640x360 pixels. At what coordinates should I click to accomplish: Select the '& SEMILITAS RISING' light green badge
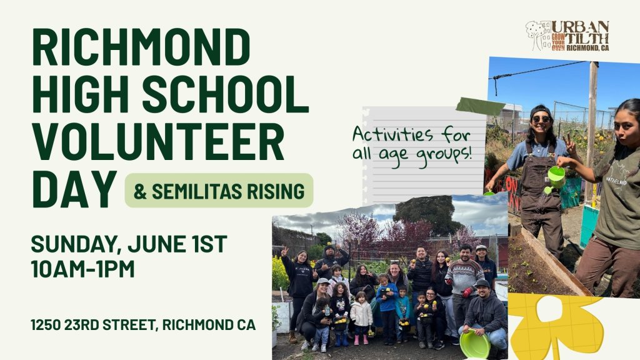coord(219,191)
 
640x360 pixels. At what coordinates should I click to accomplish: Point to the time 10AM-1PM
coord(82,269)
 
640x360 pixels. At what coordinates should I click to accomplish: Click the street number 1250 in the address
coord(46,325)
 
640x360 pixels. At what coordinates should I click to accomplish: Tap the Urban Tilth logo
coord(567,36)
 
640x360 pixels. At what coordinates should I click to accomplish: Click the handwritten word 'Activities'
coord(387,134)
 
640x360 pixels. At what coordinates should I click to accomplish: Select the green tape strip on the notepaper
coord(481,106)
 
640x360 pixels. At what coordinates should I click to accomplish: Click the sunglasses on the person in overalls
coord(541,119)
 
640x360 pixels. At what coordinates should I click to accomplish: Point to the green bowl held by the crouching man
coord(475,344)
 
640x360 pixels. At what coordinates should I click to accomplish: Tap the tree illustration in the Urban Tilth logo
coord(536,35)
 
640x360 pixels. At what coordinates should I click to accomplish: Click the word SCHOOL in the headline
coord(225,95)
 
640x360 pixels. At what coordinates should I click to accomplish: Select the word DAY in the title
coord(74,189)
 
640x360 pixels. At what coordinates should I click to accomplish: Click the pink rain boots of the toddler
coord(361,339)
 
